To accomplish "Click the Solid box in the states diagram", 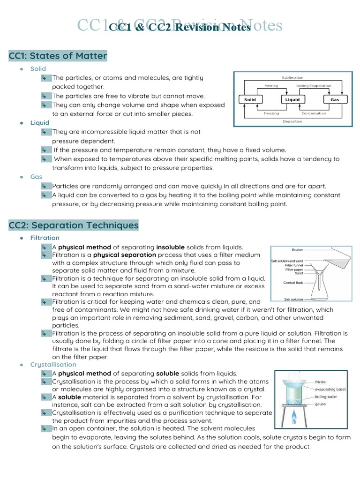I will tap(250, 99).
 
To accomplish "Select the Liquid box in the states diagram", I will tap(292, 99).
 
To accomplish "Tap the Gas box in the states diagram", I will tap(335, 99).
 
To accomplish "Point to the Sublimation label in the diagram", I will tap(292, 77).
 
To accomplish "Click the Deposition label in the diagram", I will tap(292, 121).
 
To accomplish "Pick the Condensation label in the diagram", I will tap(314, 113).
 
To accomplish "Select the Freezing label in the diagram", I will tap(271, 113).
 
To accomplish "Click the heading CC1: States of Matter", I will tap(58, 56).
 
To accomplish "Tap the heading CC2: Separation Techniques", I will tap(74, 225).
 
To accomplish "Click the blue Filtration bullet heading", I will tap(45, 238).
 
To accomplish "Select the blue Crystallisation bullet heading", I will tap(53, 364).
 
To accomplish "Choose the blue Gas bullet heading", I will tap(36, 177).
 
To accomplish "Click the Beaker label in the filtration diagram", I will tap(297, 250).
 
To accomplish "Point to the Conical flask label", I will tap(295, 283).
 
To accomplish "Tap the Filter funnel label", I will tap(294, 265).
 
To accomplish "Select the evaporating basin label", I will tap(330, 389).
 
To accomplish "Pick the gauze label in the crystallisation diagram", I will tap(321, 404).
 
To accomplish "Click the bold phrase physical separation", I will tap(125, 255).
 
